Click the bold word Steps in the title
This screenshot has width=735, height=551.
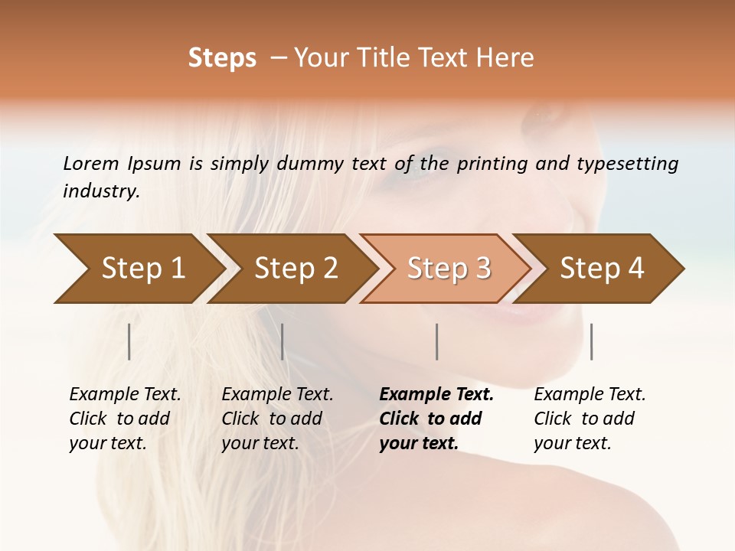tap(222, 58)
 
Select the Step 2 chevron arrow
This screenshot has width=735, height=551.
tap(296, 269)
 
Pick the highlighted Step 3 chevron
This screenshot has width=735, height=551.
tap(449, 269)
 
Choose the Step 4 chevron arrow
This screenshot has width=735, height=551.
tap(602, 269)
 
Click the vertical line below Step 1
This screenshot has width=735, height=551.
tap(129, 341)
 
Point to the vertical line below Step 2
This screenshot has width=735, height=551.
tap(283, 341)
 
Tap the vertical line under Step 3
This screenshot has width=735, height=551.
tap(436, 341)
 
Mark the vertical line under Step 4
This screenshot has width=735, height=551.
tap(591, 341)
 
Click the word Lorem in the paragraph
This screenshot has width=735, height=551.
tap(91, 163)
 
